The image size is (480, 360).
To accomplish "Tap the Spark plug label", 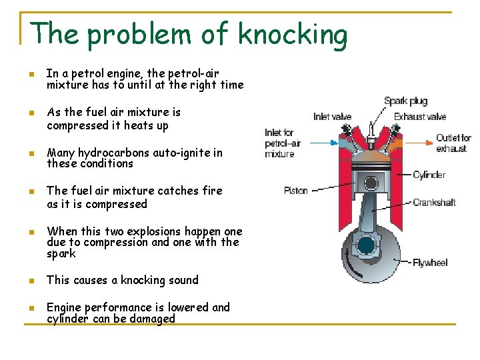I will point(405,101).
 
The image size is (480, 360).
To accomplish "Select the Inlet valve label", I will point(332,117).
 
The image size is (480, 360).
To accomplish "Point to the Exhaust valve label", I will point(419,117).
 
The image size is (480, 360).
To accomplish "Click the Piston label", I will point(295,191).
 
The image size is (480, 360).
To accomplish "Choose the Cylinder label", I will point(429,175).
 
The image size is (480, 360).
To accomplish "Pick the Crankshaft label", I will point(434,203).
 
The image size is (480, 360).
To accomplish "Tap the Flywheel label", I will point(430,263).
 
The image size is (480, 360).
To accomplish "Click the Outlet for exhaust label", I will point(453,143).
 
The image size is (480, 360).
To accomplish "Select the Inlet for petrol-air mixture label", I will point(279,143).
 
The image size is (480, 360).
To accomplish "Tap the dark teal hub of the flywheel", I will point(366,246).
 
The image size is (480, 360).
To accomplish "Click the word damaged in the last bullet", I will point(153,319).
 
